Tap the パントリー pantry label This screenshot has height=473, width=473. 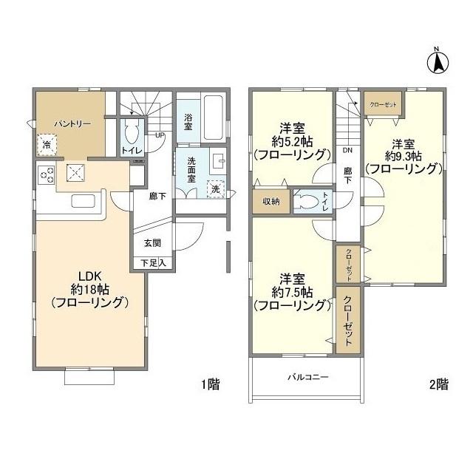click(72, 124)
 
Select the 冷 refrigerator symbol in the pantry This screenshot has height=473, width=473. click(47, 144)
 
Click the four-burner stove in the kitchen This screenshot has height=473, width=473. click(47, 175)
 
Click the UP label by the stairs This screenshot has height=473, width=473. click(160, 136)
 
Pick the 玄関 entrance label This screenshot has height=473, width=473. click(152, 242)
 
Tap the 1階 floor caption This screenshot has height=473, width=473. click(211, 384)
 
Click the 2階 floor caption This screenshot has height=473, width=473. click(438, 384)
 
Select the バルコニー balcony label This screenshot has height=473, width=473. click(307, 377)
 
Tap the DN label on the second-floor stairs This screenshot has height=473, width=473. click(347, 150)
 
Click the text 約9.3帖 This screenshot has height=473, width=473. click(406, 156)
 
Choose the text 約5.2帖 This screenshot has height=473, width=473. click(290, 141)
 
